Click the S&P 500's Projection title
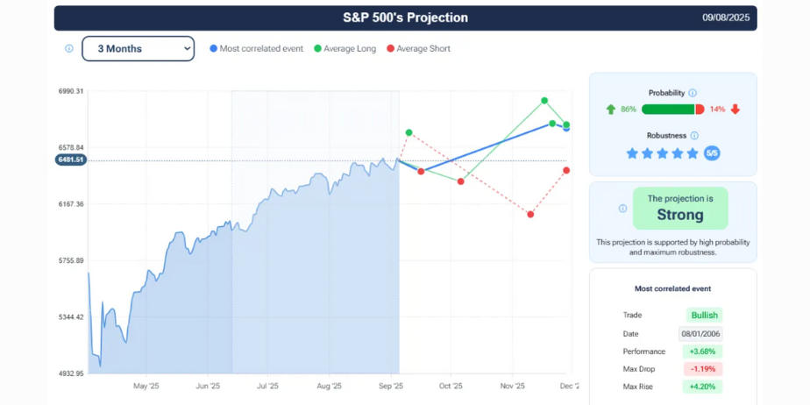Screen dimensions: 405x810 click(x=405, y=18)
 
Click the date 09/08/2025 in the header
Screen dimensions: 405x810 click(x=727, y=18)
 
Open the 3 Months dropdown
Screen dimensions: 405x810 click(x=138, y=49)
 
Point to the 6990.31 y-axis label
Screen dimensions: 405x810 click(x=71, y=91)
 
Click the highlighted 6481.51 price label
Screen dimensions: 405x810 click(x=70, y=160)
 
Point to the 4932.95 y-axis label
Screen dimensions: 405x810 click(x=71, y=373)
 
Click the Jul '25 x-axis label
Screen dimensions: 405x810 click(x=267, y=386)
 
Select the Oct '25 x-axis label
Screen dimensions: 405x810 click(x=451, y=386)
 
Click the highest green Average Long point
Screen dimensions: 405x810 click(x=544, y=101)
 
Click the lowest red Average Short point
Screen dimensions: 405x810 click(x=530, y=214)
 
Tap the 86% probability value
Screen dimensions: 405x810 click(x=628, y=110)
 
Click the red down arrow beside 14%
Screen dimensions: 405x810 click(x=735, y=110)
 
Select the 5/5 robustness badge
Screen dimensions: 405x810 click(x=712, y=153)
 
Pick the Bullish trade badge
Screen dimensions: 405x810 click(x=704, y=316)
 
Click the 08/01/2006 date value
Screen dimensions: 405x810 click(x=700, y=334)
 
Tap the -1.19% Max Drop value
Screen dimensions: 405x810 click(x=703, y=369)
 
